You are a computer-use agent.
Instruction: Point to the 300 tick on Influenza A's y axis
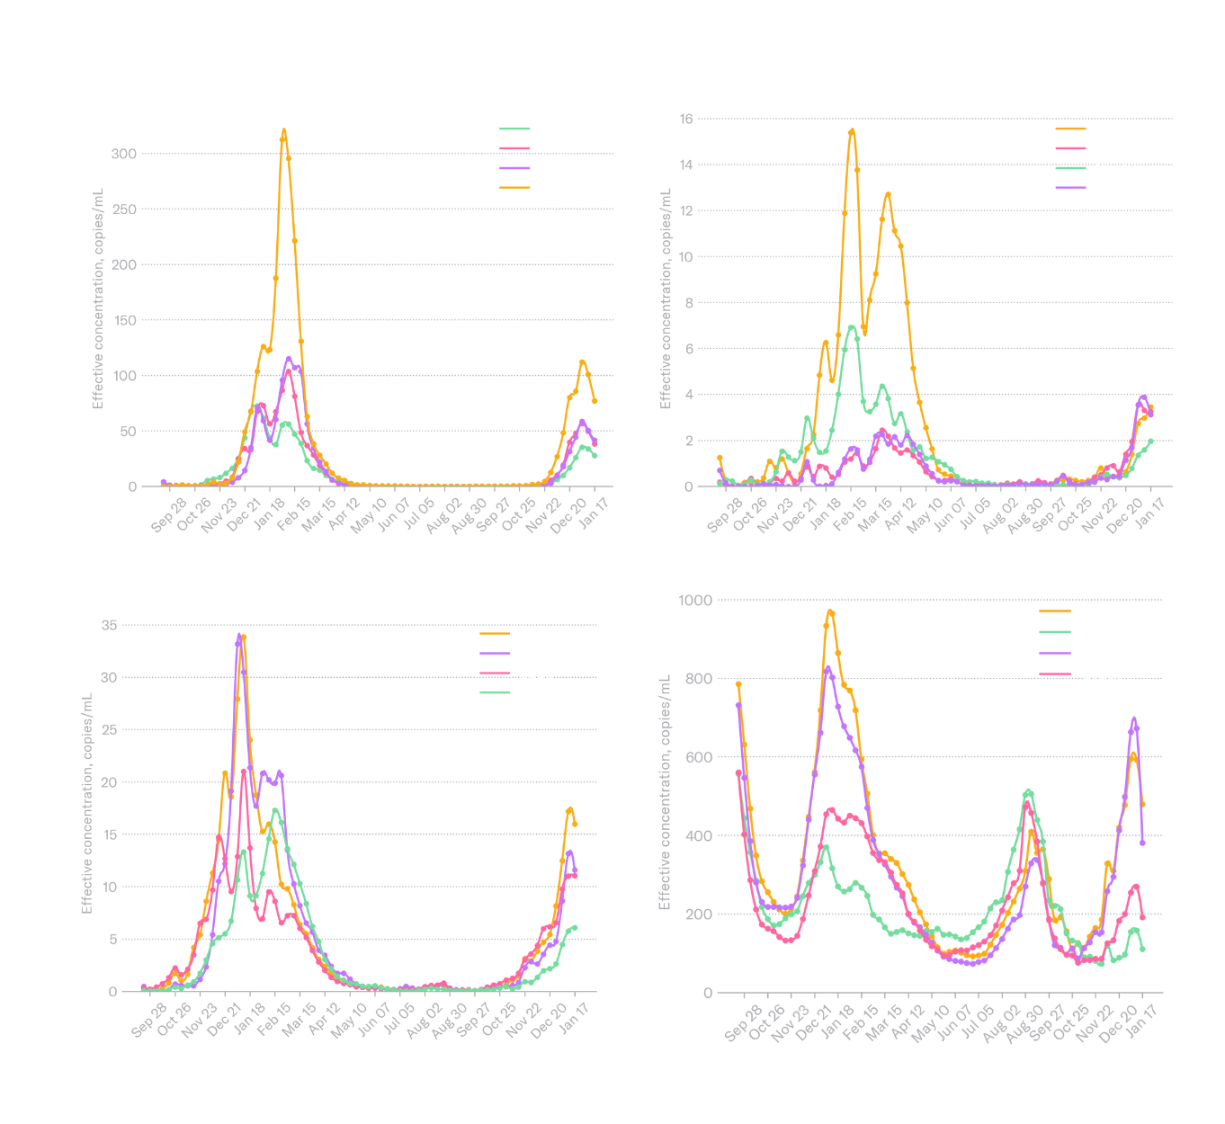[x=123, y=154]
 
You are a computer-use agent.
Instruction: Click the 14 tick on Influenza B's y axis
[x=686, y=165]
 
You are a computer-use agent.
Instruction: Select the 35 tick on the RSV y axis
[x=109, y=625]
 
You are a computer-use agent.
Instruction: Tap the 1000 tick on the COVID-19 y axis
[x=695, y=600]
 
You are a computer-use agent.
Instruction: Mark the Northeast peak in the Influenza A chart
[x=284, y=131]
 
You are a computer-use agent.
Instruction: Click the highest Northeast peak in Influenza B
[x=851, y=131]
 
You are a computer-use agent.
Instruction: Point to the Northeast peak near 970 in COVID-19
[x=830, y=612]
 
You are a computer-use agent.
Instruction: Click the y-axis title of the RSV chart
[x=87, y=803]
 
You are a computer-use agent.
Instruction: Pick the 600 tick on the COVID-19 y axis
[x=698, y=757]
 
